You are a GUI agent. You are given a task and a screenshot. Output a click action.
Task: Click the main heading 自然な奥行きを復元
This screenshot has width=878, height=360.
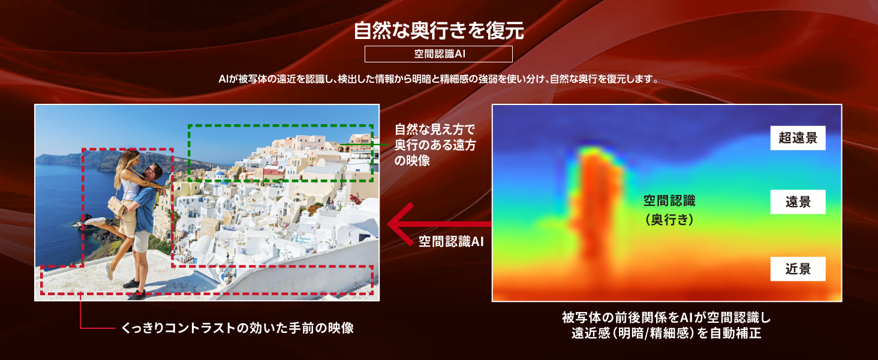[438, 31]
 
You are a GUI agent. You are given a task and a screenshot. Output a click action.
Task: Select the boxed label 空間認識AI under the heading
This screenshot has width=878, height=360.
[438, 54]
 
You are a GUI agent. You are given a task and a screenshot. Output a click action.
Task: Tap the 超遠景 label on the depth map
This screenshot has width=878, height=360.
[798, 138]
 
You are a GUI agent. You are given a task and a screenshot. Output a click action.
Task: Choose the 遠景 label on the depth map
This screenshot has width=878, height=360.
[798, 202]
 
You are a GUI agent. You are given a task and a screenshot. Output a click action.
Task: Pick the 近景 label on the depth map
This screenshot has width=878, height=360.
[798, 269]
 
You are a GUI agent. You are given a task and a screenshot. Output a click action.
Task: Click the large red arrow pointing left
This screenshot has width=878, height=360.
[438, 224]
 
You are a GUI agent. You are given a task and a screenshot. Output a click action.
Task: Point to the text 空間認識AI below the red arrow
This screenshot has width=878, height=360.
[451, 241]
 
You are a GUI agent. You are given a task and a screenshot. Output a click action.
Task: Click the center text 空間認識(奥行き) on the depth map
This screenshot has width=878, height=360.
[669, 210]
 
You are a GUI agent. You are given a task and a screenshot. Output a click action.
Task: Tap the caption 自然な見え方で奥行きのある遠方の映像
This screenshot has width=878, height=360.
[435, 145]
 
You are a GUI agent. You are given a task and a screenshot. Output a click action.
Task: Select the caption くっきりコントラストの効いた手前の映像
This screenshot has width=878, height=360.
[237, 328]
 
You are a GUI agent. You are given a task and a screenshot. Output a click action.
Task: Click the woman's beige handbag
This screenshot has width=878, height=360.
[117, 205]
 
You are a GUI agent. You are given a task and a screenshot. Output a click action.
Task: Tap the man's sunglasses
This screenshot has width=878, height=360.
[151, 170]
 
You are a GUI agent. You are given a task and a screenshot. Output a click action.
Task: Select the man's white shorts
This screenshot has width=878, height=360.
[141, 241]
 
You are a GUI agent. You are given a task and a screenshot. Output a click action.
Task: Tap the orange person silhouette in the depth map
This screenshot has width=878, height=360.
[598, 208]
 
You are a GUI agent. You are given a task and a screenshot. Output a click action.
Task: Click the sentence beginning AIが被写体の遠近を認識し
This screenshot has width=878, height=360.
[438, 79]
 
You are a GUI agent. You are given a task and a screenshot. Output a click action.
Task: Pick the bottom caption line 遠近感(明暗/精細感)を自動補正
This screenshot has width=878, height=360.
[666, 334]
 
